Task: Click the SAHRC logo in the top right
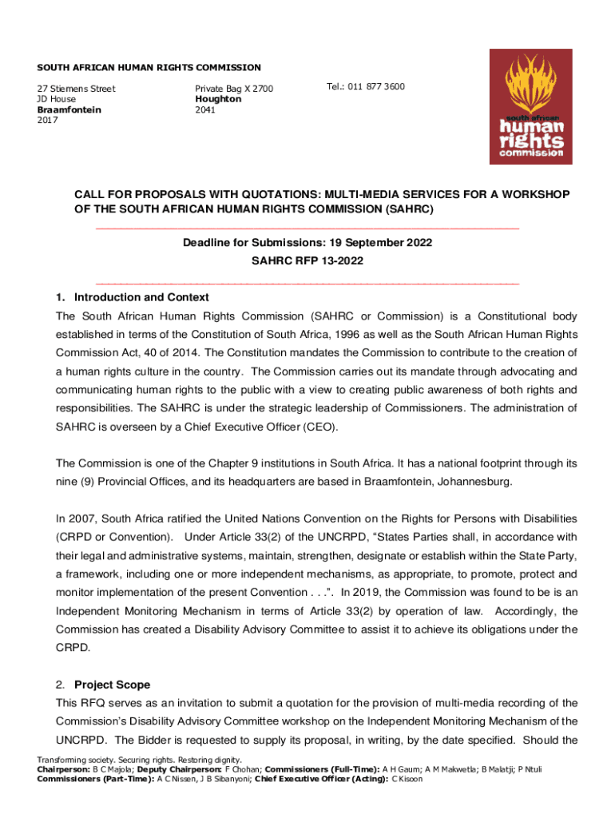click(x=531, y=106)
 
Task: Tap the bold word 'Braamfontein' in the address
click(x=69, y=109)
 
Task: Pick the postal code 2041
click(x=204, y=109)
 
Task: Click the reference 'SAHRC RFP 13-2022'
click(x=307, y=261)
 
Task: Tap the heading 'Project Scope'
click(x=112, y=685)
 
